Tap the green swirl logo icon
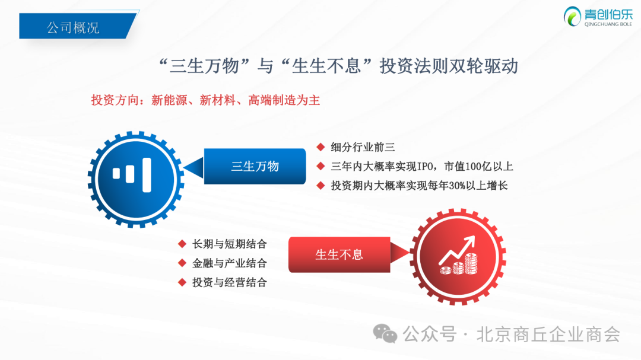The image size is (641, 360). (572, 17)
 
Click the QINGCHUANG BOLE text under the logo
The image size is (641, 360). (608, 24)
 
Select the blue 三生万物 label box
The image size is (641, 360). (255, 166)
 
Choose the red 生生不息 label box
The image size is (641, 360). (339, 254)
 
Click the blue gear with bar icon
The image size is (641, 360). (136, 179)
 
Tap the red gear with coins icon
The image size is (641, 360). (458, 257)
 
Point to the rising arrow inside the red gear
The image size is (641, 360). (457, 249)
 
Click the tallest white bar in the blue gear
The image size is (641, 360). (147, 175)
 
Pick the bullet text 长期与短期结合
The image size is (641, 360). (229, 244)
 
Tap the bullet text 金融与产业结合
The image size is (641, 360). (229, 263)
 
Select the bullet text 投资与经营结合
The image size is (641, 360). (229, 282)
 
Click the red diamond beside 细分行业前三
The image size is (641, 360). (321, 147)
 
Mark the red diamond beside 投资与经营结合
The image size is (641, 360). (182, 282)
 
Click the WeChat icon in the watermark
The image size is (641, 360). (385, 333)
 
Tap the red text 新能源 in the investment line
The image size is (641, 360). (169, 100)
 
